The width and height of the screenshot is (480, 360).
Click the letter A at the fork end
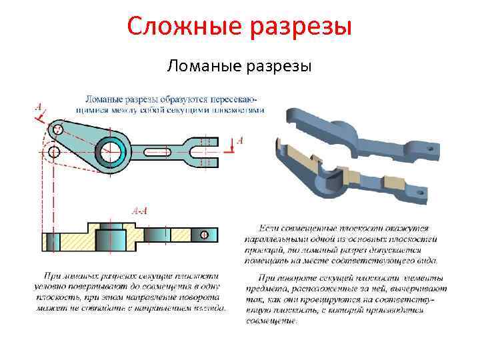click(x=239, y=141)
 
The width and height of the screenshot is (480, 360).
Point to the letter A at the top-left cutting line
click(x=38, y=107)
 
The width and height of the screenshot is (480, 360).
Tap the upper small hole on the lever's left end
click(x=58, y=129)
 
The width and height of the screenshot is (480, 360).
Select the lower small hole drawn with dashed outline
click(x=54, y=153)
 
